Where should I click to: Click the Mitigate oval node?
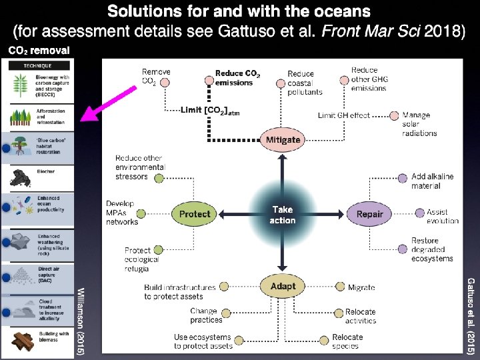[283, 139]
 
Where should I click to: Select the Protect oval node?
[195, 214]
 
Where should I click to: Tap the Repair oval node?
[369, 214]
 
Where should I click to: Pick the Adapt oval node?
[283, 286]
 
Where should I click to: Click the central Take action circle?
[283, 215]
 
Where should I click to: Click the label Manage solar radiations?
[420, 124]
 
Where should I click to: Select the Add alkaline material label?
[432, 181]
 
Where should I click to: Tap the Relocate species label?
[347, 341]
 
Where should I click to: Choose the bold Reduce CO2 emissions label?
[238, 78]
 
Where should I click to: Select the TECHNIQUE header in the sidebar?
[38, 65]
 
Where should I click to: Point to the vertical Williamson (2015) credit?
[81, 321]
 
